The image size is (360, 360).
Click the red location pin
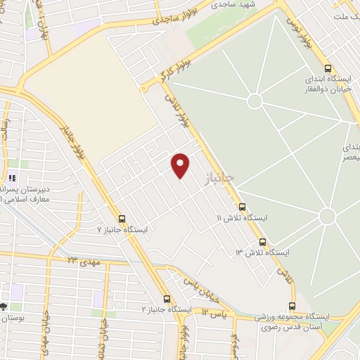tap(181, 165)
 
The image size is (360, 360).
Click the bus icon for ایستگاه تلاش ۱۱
tap(243, 207)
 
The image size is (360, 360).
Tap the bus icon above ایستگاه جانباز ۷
tap(122, 219)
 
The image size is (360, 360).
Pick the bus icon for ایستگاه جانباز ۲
tap(167, 298)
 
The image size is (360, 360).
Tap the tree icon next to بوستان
tap(4, 307)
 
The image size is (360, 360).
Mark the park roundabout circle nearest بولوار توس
tap(255, 101)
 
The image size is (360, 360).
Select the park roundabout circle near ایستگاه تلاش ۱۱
tap(327, 216)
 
